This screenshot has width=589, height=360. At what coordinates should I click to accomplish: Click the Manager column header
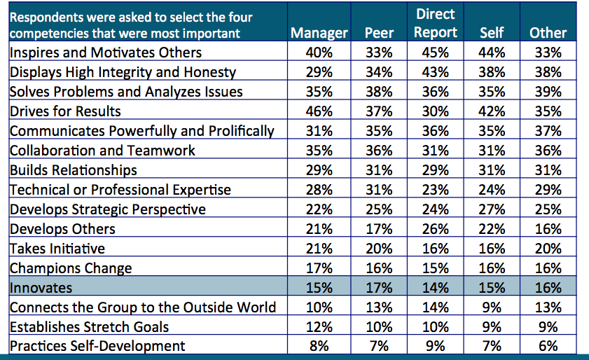pos(319,33)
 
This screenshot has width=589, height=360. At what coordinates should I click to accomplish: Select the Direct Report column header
pos(435,23)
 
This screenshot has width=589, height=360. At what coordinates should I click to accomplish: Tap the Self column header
pos(492,33)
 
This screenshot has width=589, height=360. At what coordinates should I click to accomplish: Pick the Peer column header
pos(379,33)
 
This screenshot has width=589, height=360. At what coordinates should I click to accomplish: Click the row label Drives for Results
pos(65,111)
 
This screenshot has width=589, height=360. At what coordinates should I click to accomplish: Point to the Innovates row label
pos(41,288)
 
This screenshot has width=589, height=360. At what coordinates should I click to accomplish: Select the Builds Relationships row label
pos(74,170)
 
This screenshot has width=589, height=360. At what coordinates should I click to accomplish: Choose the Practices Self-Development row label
pos(97,346)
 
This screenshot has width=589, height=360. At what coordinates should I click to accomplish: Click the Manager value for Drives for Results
pos(319,111)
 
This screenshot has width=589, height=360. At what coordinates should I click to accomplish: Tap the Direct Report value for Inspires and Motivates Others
pos(435,53)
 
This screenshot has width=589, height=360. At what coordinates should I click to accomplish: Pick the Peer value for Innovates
pos(379,288)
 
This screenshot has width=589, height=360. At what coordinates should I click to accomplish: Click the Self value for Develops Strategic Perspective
pos(492,209)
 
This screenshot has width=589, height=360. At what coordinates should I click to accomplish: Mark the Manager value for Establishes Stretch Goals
pos(319,326)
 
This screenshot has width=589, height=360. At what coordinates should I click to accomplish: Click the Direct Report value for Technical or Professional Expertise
pos(435,190)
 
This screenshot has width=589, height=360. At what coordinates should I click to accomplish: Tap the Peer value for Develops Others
pos(379,229)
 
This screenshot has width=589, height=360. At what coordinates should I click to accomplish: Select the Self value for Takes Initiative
pos(492,249)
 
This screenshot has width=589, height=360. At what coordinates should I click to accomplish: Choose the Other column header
pos(548,33)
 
